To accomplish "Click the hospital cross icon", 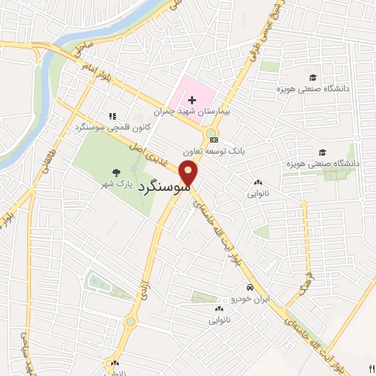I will [192, 100].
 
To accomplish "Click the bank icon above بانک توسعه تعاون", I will [214, 139].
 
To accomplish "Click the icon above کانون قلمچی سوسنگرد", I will [112, 116].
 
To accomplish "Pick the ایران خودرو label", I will [250, 298].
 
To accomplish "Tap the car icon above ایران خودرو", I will [250, 287].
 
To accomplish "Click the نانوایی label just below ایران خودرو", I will [221, 320].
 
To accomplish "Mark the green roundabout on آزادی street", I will [131, 322].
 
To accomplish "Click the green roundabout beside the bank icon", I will [211, 131].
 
